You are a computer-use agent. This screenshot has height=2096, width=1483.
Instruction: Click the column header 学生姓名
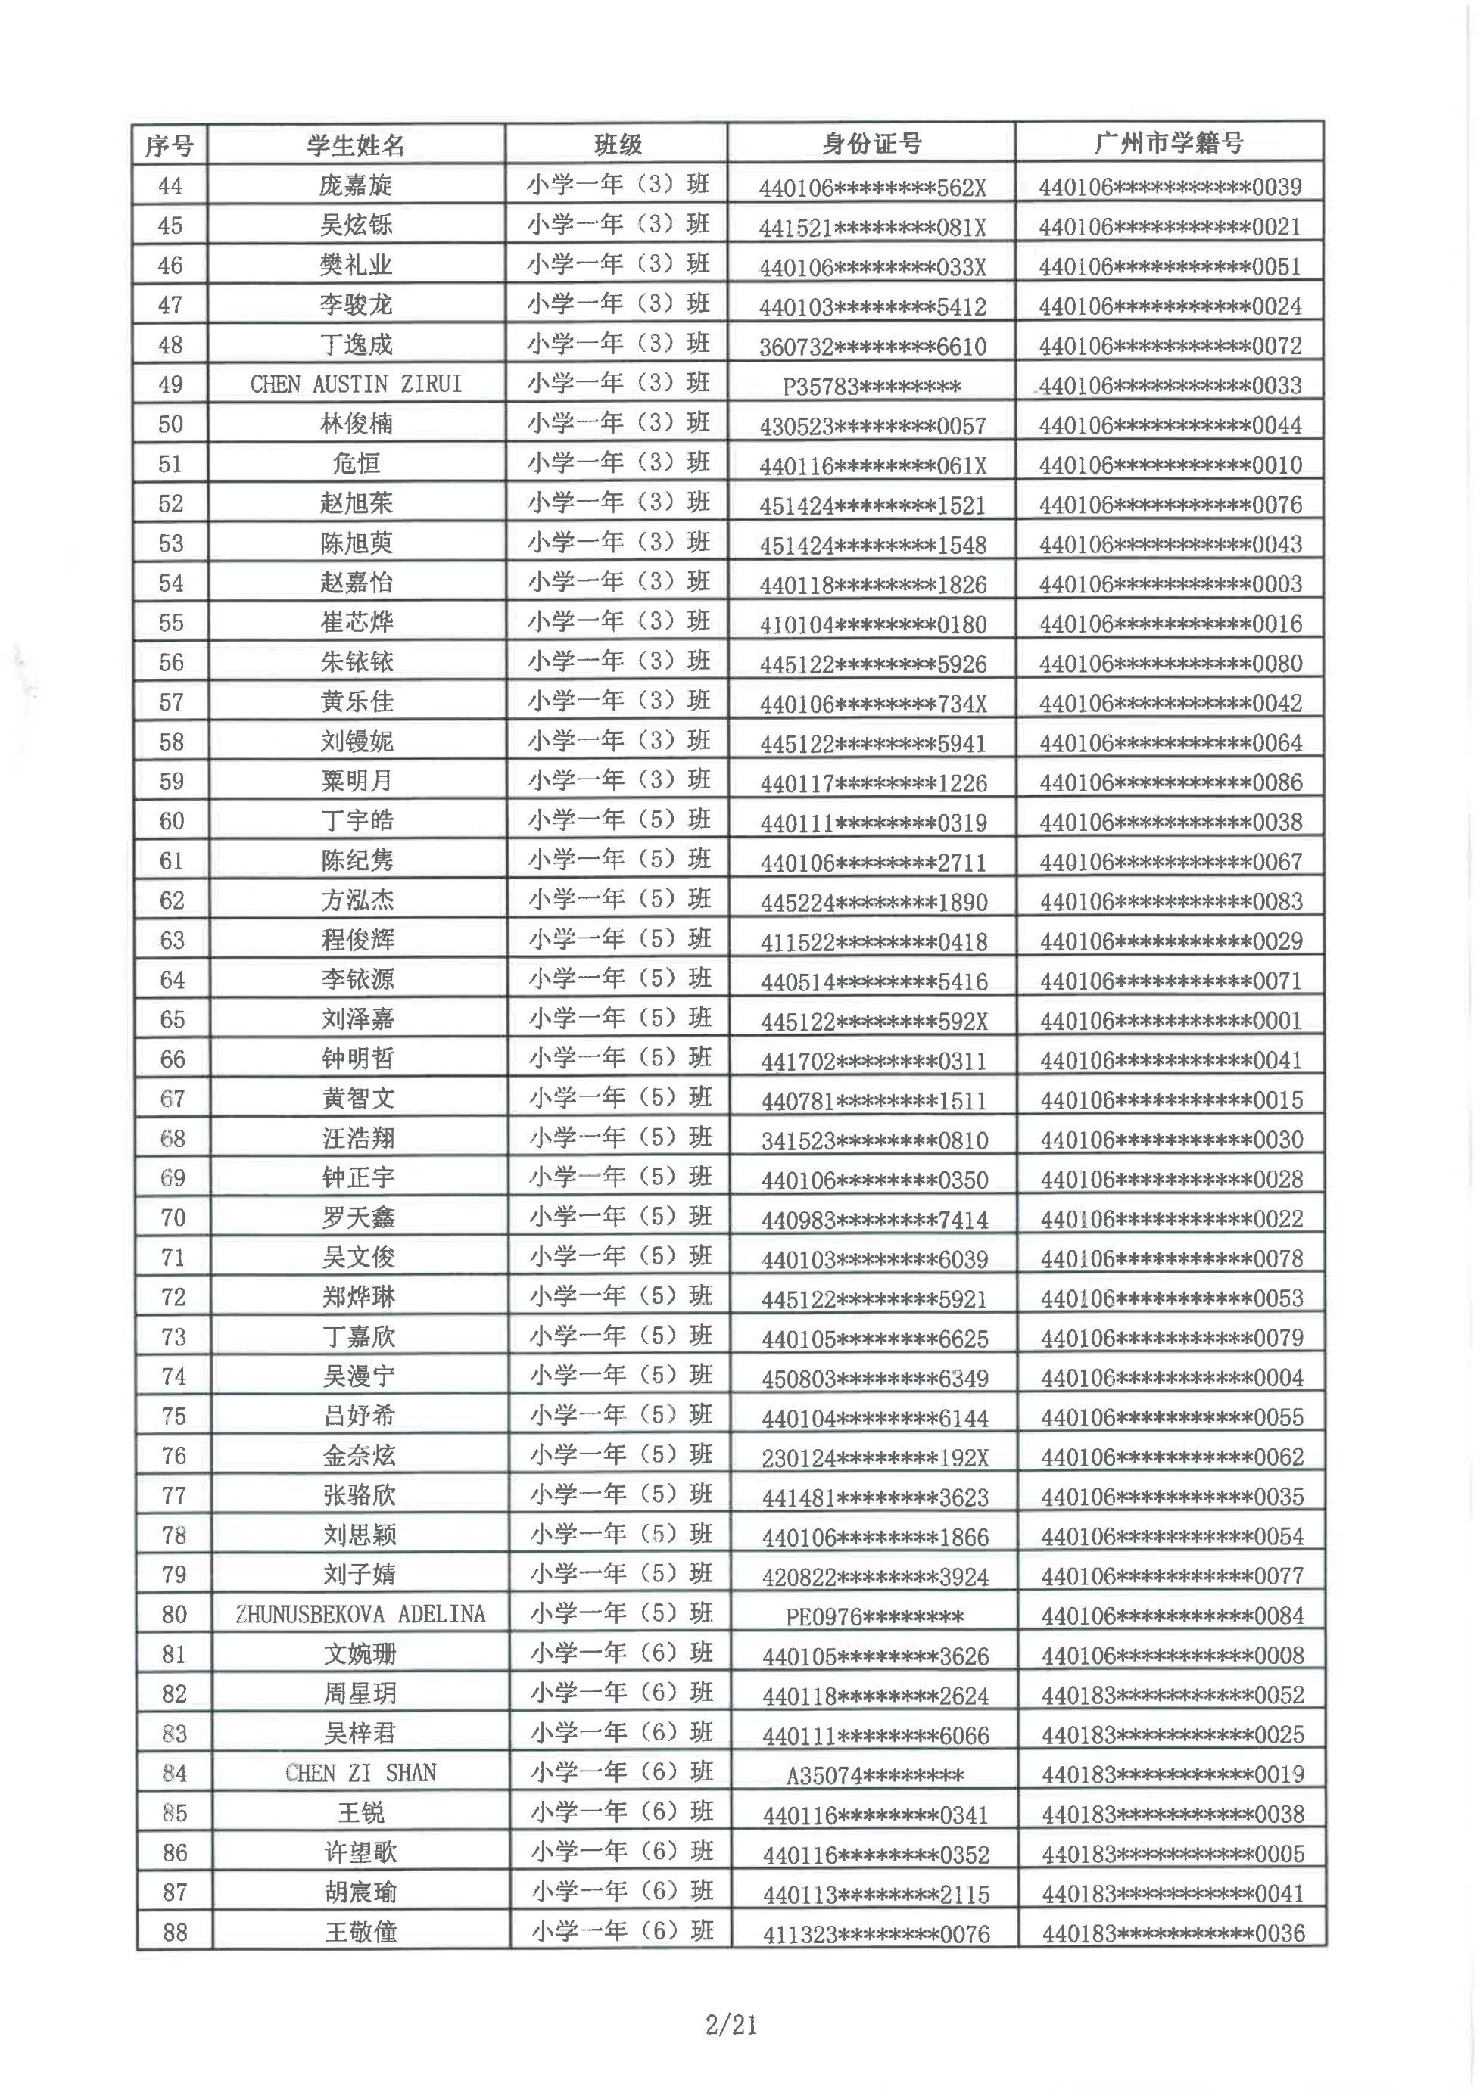355,145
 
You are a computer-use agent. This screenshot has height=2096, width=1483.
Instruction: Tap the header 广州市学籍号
1169,143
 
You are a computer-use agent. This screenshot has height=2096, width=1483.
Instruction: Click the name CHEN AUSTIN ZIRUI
355,384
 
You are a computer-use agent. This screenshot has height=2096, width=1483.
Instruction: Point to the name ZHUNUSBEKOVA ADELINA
360,1614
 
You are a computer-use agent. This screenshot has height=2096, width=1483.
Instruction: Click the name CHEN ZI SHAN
360,1773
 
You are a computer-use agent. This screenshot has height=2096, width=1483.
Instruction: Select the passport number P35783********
871,386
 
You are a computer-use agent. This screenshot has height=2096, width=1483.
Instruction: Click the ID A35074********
875,1776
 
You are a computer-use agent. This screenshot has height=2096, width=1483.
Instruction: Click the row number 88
174,1932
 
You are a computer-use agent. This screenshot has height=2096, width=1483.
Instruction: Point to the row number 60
172,822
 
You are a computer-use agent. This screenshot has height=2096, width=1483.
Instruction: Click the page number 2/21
731,2026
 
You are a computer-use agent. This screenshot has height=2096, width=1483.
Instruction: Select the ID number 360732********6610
872,347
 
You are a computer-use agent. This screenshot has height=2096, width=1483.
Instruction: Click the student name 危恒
355,464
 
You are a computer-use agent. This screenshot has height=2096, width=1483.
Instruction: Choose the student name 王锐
360,1813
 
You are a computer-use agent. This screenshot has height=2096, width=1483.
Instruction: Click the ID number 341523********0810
874,1140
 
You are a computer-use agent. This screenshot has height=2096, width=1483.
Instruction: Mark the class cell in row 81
620,1653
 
